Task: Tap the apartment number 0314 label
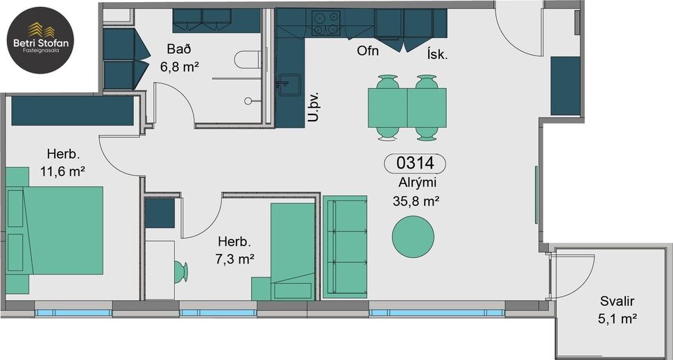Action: coord(415,164)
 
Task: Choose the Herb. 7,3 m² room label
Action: coord(235,250)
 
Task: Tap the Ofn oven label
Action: coord(367,51)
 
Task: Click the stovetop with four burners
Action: coord(325,24)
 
